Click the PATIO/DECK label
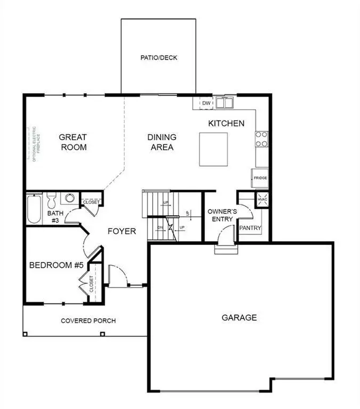click(x=159, y=58)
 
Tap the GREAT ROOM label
click(x=73, y=142)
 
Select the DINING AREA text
click(x=162, y=142)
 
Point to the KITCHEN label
click(x=226, y=124)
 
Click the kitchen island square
click(x=214, y=150)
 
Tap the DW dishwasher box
click(x=206, y=103)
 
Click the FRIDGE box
click(x=260, y=178)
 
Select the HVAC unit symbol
click(x=263, y=199)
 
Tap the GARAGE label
click(x=239, y=318)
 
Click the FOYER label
click(x=122, y=232)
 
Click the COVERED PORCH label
click(x=88, y=321)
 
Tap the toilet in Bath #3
click(x=52, y=201)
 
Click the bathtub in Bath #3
click(x=33, y=210)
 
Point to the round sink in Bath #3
click(x=69, y=199)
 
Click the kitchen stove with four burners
click(x=261, y=139)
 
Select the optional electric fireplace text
click(x=33, y=144)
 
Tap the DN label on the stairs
click(x=160, y=227)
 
